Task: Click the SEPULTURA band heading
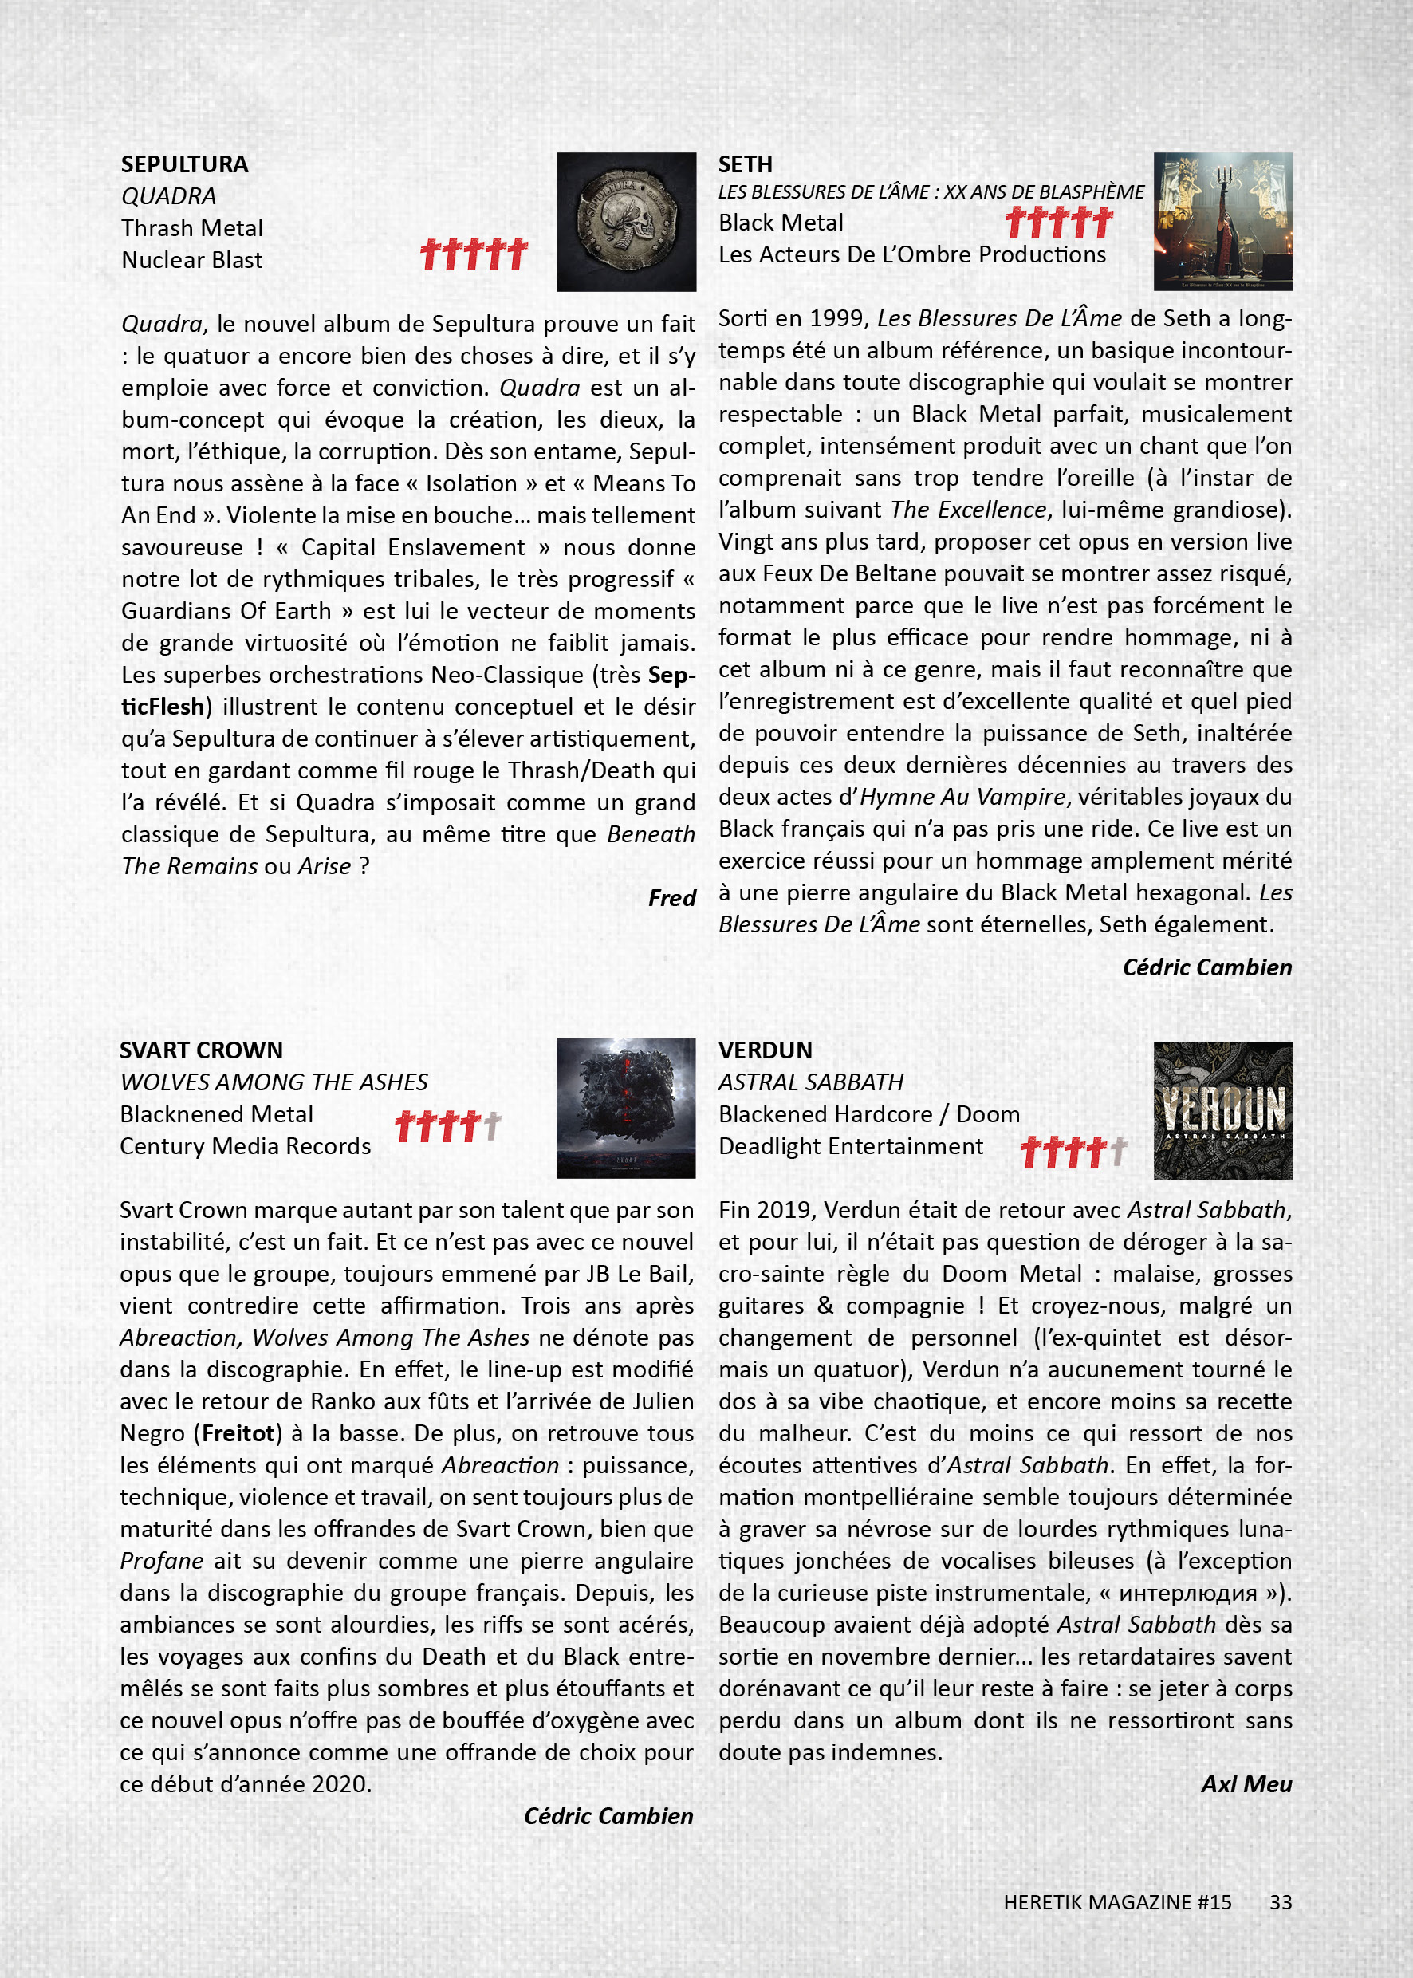pyautogui.click(x=184, y=164)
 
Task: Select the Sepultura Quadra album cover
pyautogui.click(x=627, y=222)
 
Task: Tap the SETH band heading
pyautogui.click(x=745, y=164)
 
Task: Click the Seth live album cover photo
pyautogui.click(x=1222, y=221)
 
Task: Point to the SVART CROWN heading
pyautogui.click(x=201, y=1050)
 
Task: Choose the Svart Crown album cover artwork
pyautogui.click(x=626, y=1108)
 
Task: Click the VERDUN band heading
pyautogui.click(x=765, y=1050)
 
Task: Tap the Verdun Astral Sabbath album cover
pyautogui.click(x=1222, y=1110)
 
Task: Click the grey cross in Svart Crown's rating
pyautogui.click(x=493, y=1126)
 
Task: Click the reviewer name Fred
pyautogui.click(x=671, y=898)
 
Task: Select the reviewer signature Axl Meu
pyautogui.click(x=1246, y=1784)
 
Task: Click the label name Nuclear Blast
pyautogui.click(x=191, y=260)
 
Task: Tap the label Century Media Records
pyautogui.click(x=246, y=1146)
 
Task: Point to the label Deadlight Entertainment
pyautogui.click(x=850, y=1146)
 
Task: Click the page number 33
pyautogui.click(x=1280, y=1902)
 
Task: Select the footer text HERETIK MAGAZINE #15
pyautogui.click(x=1117, y=1902)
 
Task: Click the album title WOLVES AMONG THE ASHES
pyautogui.click(x=274, y=1082)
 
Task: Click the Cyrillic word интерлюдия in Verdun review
pyautogui.click(x=1187, y=1593)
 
